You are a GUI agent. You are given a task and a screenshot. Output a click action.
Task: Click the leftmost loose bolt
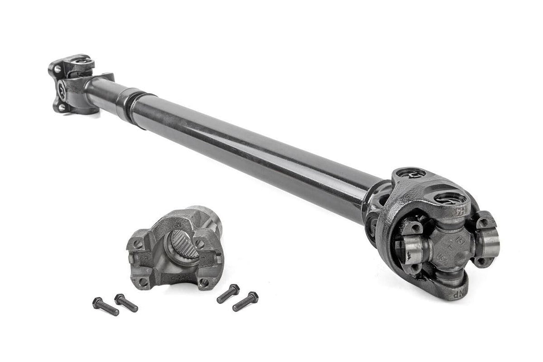pyautogui.click(x=105, y=306)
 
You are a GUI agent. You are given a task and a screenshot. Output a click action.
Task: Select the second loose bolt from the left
pyautogui.click(x=126, y=303)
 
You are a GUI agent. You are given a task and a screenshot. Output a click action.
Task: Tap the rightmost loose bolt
pyautogui.click(x=246, y=301)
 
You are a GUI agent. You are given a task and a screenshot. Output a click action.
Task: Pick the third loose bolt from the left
pyautogui.click(x=228, y=293)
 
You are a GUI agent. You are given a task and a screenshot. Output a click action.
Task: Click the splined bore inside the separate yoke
pyautogui.click(x=184, y=244)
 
